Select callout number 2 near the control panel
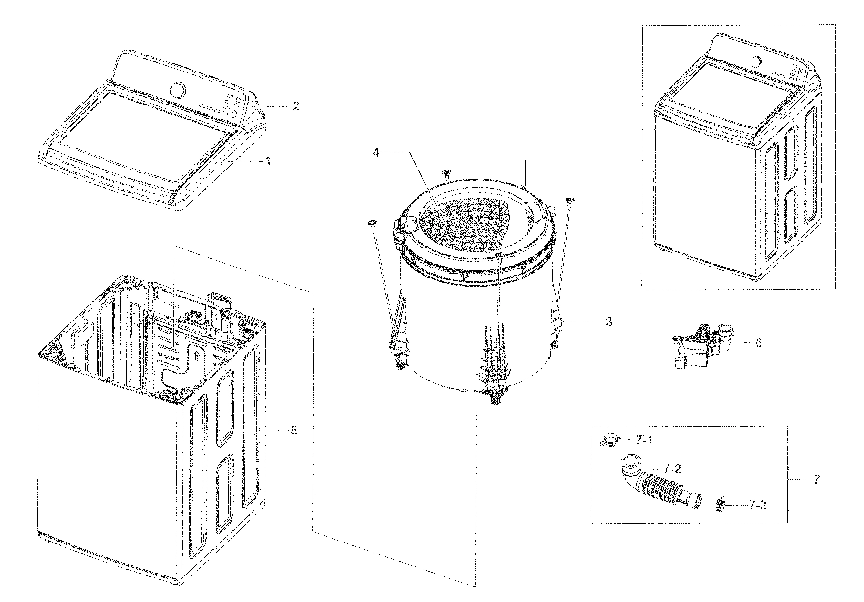[296, 106]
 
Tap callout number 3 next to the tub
[609, 322]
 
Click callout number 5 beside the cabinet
[294, 430]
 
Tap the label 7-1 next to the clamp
[644, 440]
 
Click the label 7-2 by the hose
[672, 469]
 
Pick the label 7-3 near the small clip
[758, 506]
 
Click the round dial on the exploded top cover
[178, 90]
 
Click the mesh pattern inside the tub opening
[467, 226]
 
